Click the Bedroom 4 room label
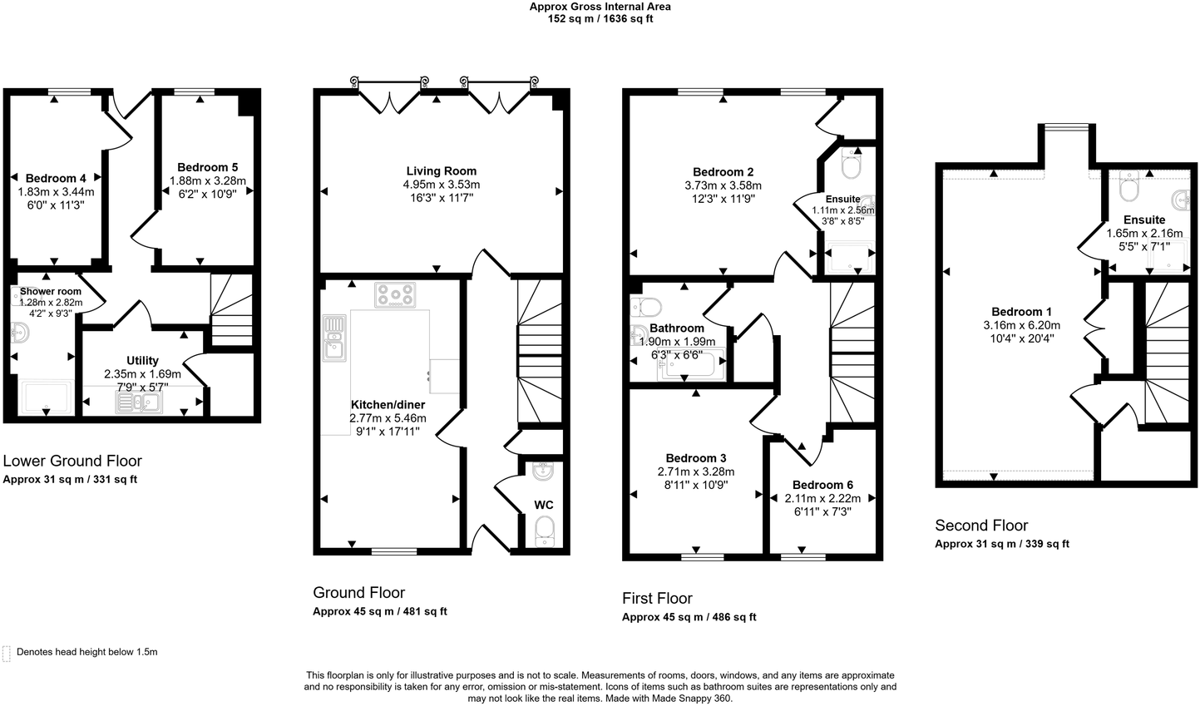click(x=56, y=178)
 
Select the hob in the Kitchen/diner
click(x=396, y=294)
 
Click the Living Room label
click(x=441, y=171)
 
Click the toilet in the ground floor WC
click(x=544, y=530)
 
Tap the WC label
click(x=543, y=505)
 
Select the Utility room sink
click(x=139, y=402)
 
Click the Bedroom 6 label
click(x=822, y=485)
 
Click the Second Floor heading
click(x=981, y=526)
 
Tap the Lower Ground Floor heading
click(x=72, y=461)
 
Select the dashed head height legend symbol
click(x=7, y=653)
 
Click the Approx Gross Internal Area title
click(x=600, y=7)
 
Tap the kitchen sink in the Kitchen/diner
click(x=334, y=338)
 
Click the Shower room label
click(x=51, y=292)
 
